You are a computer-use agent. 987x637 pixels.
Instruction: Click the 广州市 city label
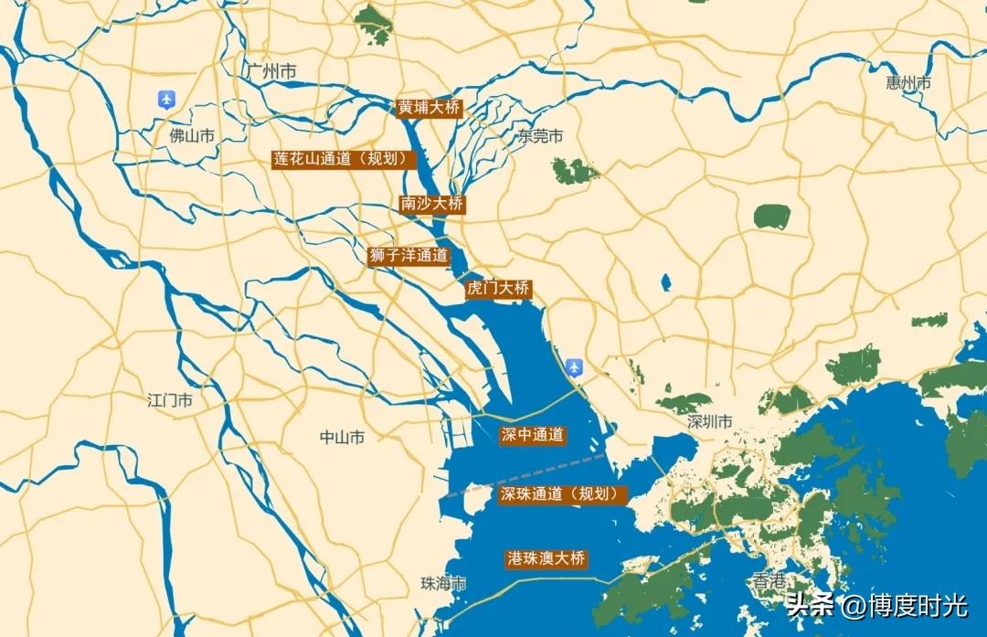(x=271, y=71)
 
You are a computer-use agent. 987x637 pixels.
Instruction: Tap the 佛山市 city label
(x=192, y=136)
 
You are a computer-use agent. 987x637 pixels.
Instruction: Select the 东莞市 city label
(x=540, y=136)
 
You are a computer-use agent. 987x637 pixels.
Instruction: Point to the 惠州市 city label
(x=908, y=83)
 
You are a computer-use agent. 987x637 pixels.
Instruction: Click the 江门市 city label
(x=170, y=400)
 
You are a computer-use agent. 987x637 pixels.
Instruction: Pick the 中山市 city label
(x=342, y=438)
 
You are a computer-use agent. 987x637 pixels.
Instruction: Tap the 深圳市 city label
(x=710, y=422)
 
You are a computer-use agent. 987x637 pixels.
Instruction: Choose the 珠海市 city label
(x=443, y=583)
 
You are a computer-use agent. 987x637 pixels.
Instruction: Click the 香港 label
(x=769, y=580)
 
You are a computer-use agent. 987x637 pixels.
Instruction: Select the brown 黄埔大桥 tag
(x=429, y=107)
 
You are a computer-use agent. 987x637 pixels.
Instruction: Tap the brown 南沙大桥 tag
(x=432, y=204)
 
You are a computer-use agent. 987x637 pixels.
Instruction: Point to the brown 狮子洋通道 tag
(x=409, y=256)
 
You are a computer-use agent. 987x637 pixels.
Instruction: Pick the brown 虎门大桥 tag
(x=498, y=289)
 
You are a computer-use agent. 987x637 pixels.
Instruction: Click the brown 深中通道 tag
(x=532, y=435)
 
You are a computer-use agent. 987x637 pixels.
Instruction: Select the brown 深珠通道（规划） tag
(x=563, y=494)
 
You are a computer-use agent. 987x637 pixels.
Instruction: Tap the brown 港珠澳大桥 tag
(x=546, y=558)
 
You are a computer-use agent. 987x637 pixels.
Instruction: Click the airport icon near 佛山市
(x=166, y=99)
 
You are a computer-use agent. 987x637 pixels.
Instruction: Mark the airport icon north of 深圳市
(x=574, y=367)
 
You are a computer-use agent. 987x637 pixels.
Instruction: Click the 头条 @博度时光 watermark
(x=876, y=604)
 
